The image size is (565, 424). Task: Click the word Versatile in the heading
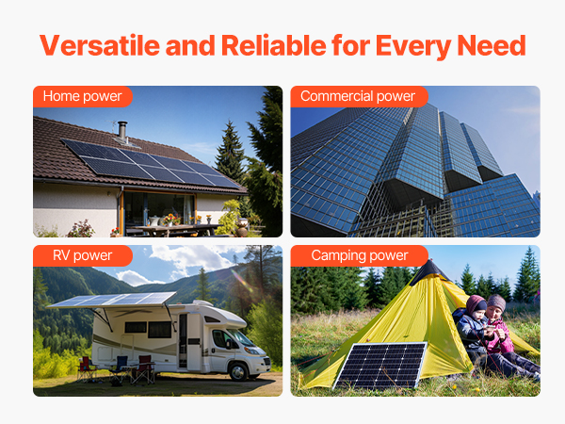click(x=100, y=45)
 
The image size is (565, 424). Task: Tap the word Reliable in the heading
click(x=274, y=45)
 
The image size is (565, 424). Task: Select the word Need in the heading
click(x=492, y=45)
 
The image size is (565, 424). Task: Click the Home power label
click(x=83, y=96)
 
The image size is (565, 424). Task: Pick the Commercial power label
click(x=358, y=96)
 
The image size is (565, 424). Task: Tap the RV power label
click(x=83, y=255)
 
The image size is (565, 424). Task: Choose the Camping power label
click(x=360, y=255)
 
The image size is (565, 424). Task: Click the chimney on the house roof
click(x=122, y=131)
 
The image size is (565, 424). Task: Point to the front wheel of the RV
click(x=238, y=371)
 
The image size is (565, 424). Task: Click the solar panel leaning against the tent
click(x=380, y=366)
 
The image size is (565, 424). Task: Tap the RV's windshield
click(x=240, y=337)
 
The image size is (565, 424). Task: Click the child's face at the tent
click(x=478, y=316)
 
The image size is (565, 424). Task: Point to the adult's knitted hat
click(x=496, y=302)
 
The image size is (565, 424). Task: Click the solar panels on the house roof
click(x=151, y=164)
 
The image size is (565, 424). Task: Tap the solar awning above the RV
click(x=112, y=300)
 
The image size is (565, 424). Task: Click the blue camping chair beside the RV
click(x=120, y=368)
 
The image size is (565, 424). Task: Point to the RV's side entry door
click(x=183, y=341)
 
